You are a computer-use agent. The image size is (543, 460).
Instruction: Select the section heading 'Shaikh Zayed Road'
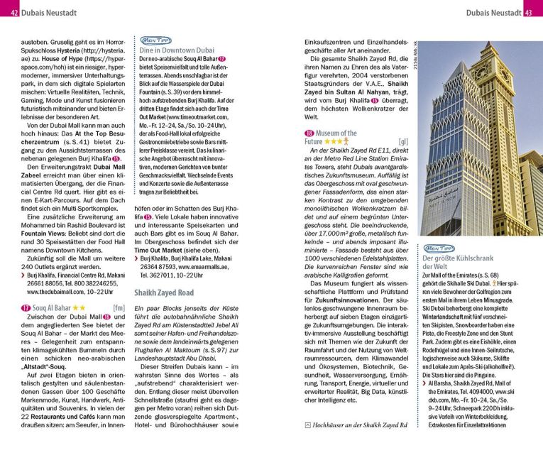(x=164, y=292)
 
